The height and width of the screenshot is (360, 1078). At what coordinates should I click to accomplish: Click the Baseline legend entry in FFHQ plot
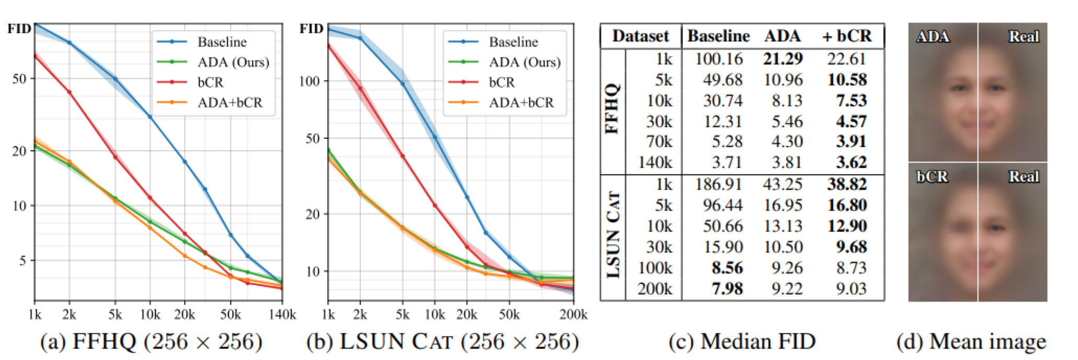222,42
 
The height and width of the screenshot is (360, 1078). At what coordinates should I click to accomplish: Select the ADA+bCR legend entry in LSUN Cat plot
520,102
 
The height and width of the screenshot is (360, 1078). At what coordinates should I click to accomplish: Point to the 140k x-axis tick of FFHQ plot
283,315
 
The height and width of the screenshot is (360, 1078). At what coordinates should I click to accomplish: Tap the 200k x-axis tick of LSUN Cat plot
573,315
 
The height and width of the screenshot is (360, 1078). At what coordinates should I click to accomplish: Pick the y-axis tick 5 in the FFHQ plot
22,260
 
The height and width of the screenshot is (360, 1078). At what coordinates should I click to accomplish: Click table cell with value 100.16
718,59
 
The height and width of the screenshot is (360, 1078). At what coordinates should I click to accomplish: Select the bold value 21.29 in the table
782,59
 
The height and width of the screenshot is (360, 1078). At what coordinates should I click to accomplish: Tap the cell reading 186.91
718,184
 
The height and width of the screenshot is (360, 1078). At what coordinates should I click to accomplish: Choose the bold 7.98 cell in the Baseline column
727,289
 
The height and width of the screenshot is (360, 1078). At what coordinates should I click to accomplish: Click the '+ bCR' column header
847,36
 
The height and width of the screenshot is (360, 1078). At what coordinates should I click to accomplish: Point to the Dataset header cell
640,36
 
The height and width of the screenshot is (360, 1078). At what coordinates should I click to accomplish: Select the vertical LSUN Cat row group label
612,235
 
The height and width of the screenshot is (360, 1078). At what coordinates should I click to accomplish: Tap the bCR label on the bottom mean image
932,177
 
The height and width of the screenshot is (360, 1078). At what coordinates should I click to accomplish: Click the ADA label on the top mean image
932,37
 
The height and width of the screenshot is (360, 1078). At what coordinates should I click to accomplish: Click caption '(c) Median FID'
742,342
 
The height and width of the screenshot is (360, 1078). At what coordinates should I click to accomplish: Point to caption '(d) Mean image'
971,342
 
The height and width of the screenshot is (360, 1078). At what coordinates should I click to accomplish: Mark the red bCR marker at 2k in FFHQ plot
69,92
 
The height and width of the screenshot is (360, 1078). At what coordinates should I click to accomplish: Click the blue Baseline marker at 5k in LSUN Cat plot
402,84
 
